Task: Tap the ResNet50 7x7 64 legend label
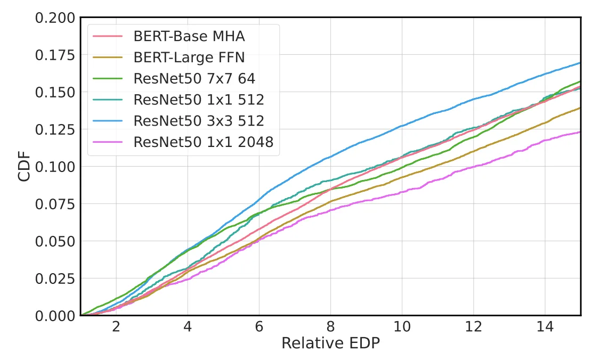click(x=194, y=79)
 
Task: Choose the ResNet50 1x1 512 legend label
click(x=199, y=100)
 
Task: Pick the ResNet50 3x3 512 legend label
click(x=199, y=121)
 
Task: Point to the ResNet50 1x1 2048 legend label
click(x=204, y=143)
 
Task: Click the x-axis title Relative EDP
click(x=330, y=343)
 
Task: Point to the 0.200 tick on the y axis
click(x=55, y=18)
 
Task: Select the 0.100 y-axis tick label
click(x=55, y=167)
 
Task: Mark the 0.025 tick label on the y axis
click(x=55, y=279)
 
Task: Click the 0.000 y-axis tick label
click(x=55, y=316)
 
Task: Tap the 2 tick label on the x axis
click(x=116, y=326)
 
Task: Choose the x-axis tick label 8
click(x=330, y=326)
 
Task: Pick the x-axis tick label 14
click(x=545, y=326)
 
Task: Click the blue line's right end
click(x=580, y=63)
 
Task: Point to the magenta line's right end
click(x=580, y=132)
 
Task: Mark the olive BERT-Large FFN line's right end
click(x=580, y=108)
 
